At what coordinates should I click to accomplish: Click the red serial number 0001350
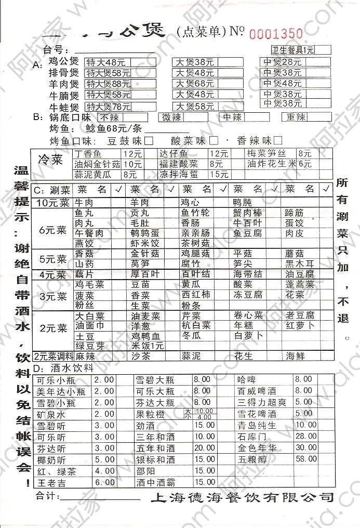coord(276,33)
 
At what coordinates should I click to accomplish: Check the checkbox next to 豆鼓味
coord(149,140)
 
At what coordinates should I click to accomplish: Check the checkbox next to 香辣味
coord(278,140)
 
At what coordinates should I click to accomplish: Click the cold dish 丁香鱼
coord(88,154)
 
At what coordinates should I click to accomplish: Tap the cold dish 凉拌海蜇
coord(179,174)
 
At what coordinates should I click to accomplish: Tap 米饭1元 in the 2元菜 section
coord(148,346)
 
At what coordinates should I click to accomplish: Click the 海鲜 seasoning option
coord(294,357)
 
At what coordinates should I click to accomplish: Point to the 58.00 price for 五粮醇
coord(306,459)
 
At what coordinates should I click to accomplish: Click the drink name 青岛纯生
coord(256,425)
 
